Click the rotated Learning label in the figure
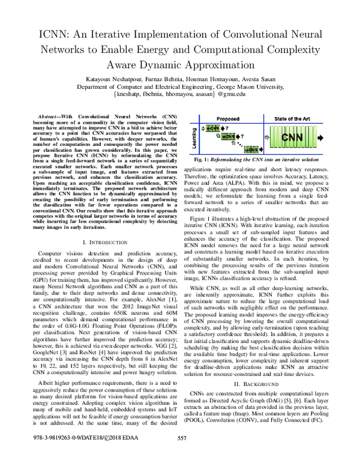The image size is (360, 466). click(195, 141)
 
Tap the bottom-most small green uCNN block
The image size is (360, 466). click(239, 152)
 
